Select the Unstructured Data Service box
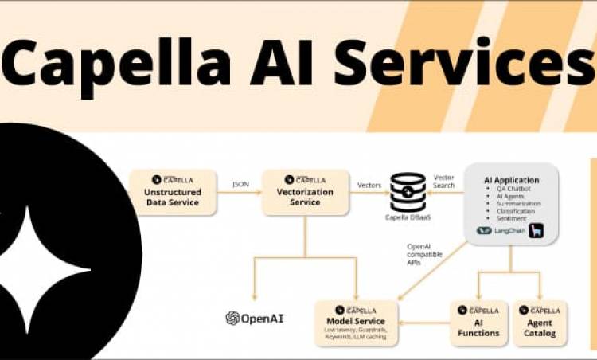(x=173, y=192)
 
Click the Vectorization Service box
(x=306, y=192)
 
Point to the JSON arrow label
(x=240, y=184)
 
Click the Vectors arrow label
(x=369, y=184)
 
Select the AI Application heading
(x=511, y=180)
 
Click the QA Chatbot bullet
(x=513, y=190)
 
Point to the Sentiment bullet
(x=510, y=218)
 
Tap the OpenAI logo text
(x=255, y=318)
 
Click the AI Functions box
(x=478, y=323)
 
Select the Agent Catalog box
(x=540, y=323)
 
